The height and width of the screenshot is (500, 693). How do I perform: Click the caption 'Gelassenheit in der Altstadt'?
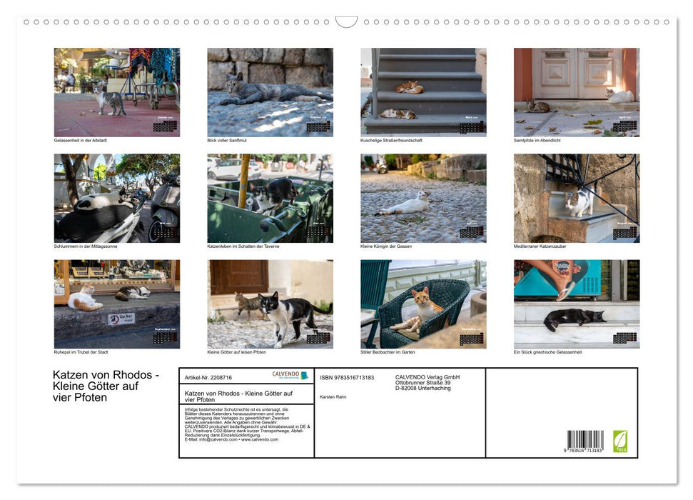pyautogui.click(x=81, y=140)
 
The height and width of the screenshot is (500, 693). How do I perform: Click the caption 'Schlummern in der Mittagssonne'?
pyautogui.click(x=86, y=246)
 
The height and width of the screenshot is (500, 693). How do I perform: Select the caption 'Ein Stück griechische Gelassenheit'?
pyautogui.click(x=547, y=352)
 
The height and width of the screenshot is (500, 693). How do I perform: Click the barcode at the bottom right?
pyautogui.click(x=585, y=441)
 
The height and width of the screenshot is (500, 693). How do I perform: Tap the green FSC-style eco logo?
pyautogui.click(x=620, y=441)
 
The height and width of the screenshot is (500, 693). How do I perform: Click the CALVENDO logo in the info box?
pyautogui.click(x=290, y=375)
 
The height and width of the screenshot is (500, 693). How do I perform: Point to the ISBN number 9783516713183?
pyautogui.click(x=347, y=377)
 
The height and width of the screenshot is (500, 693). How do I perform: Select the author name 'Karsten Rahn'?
pyautogui.click(x=333, y=396)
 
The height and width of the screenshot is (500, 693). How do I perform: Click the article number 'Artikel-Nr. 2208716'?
pyautogui.click(x=208, y=377)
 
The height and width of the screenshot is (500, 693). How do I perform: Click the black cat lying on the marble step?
pyautogui.click(x=572, y=318)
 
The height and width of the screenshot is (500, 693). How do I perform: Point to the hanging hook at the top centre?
pyautogui.click(x=346, y=22)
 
